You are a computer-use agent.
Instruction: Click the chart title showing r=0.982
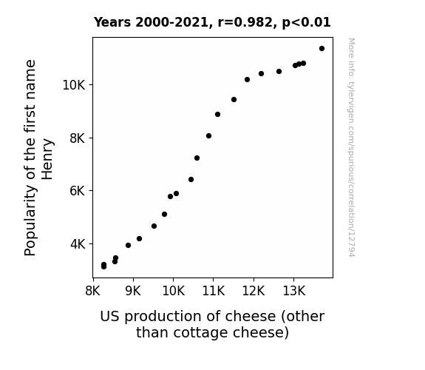click(212, 22)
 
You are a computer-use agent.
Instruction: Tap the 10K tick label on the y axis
click(74, 85)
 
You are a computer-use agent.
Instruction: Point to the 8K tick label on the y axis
click(78, 138)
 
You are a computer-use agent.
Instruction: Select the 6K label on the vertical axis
click(78, 191)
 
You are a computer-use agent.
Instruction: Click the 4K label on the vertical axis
click(78, 244)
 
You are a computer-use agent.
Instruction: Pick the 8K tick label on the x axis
click(93, 291)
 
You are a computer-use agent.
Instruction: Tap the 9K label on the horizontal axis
click(133, 291)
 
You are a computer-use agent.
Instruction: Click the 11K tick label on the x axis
click(214, 291)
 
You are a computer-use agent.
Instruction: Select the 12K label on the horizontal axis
click(254, 291)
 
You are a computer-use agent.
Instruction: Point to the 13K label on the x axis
click(294, 291)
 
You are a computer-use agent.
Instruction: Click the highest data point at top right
click(322, 49)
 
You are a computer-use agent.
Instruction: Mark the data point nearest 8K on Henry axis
click(208, 135)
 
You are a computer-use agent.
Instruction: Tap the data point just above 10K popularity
click(247, 79)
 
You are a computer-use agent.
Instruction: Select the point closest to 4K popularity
click(128, 246)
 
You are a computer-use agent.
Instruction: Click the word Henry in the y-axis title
click(47, 159)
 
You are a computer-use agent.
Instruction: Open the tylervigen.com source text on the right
click(351, 147)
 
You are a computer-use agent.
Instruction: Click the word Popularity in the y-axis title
click(30, 221)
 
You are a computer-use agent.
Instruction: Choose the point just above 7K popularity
click(197, 158)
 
